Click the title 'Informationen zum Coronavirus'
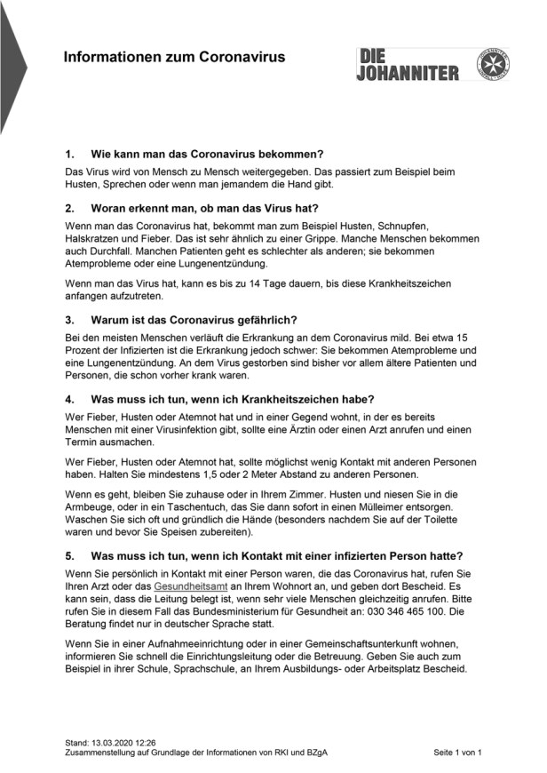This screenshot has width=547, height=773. (x=174, y=58)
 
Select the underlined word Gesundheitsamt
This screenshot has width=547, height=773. (x=191, y=587)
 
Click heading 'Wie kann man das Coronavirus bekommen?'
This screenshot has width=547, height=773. (x=207, y=154)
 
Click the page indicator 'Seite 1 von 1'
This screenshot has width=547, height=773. (x=457, y=753)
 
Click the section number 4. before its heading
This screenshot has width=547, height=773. (x=71, y=397)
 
